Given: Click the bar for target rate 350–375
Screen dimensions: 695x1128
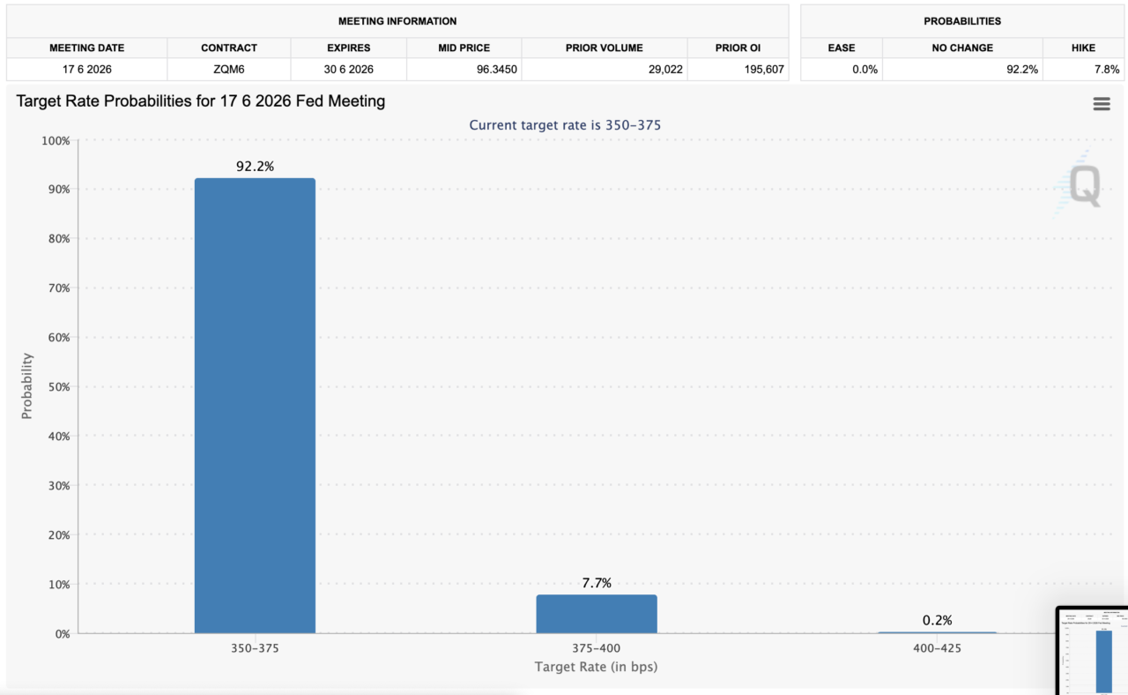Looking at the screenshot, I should click(x=255, y=406).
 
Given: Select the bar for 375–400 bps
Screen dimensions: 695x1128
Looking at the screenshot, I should click(x=597, y=614).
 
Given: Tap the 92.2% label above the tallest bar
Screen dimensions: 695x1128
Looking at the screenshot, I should click(x=255, y=166).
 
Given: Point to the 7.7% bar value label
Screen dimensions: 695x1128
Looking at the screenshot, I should click(x=597, y=583).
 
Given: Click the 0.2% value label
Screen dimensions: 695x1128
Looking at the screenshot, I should click(x=937, y=621).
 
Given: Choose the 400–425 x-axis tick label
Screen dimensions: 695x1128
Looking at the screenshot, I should click(x=937, y=648).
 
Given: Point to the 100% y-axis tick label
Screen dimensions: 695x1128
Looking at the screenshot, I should click(x=55, y=141).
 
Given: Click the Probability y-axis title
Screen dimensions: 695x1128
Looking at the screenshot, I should click(x=27, y=386).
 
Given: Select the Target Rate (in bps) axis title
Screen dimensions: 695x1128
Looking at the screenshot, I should click(x=596, y=667).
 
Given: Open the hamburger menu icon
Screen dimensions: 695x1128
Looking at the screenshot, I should click(x=1101, y=104).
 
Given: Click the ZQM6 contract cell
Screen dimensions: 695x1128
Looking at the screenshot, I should click(x=229, y=70).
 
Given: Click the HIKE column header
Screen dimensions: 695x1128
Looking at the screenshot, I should click(x=1083, y=48).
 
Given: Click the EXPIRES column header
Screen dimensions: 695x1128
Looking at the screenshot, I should click(x=348, y=48).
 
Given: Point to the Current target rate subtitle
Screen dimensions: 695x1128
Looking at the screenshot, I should click(x=565, y=125).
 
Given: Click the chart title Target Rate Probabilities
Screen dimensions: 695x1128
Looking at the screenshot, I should click(x=201, y=101).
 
